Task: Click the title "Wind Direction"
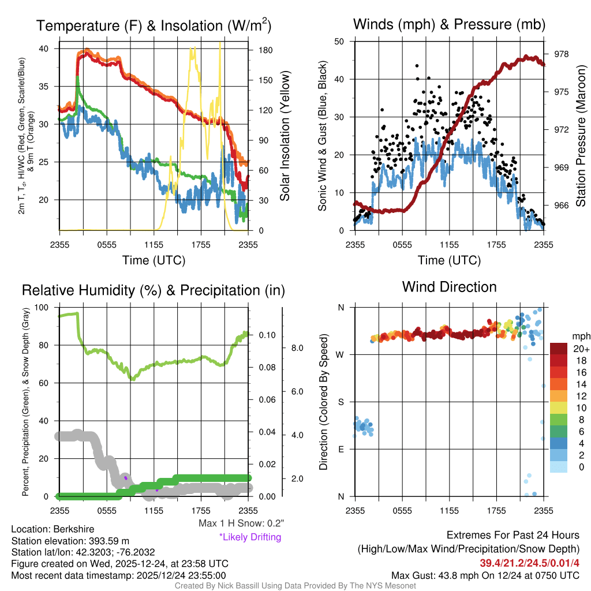pyautogui.click(x=449, y=287)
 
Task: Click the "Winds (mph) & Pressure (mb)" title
pyautogui.click(x=449, y=24)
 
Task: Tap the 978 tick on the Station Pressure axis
pyautogui.click(x=561, y=54)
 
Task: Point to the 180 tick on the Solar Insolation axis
pyautogui.click(x=266, y=50)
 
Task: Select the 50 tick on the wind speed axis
pyautogui.click(x=339, y=42)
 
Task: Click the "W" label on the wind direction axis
pyautogui.click(x=341, y=354)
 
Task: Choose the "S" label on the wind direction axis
pyautogui.click(x=341, y=402)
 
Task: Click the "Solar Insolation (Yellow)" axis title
pyautogui.click(x=285, y=136)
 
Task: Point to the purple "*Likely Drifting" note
pyautogui.click(x=250, y=537)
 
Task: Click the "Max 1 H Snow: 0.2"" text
pyautogui.click(x=241, y=523)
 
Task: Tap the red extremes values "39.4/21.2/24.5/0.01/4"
pyautogui.click(x=529, y=563)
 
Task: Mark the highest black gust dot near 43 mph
pyautogui.click(x=417, y=66)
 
